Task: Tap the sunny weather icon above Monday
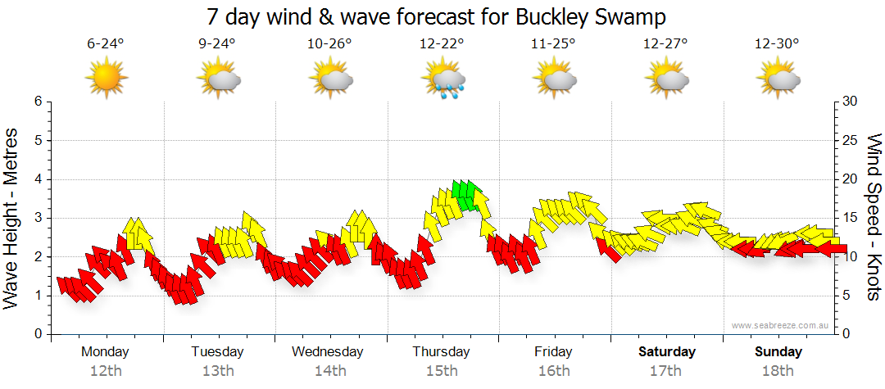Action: pyautogui.click(x=107, y=79)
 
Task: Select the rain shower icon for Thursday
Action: pyautogui.click(x=443, y=80)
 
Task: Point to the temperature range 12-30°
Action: pyautogui.click(x=777, y=44)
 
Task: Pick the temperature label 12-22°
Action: pyautogui.click(x=442, y=44)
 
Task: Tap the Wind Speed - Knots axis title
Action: pyautogui.click(x=874, y=217)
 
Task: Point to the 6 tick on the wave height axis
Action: pyautogui.click(x=36, y=102)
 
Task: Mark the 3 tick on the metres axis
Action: pyautogui.click(x=36, y=218)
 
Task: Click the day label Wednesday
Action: pyautogui.click(x=328, y=352)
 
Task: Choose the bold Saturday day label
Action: pyautogui.click(x=667, y=352)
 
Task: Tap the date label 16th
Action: pyautogui.click(x=554, y=371)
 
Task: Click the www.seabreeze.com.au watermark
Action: pyautogui.click(x=781, y=325)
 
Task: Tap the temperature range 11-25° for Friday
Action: pyautogui.click(x=554, y=44)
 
